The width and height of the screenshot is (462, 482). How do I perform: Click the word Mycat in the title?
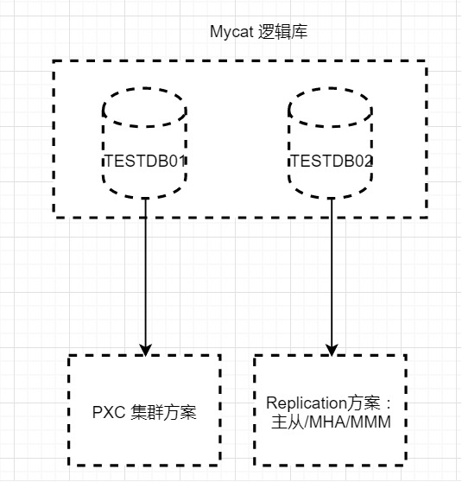tap(231, 32)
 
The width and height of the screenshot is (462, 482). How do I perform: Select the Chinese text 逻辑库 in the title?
tap(282, 32)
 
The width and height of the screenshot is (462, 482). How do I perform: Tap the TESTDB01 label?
tap(145, 161)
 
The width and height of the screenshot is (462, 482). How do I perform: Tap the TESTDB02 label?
tap(332, 161)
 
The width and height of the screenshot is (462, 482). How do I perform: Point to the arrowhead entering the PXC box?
tap(145, 351)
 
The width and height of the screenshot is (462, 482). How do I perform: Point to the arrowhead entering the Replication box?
tap(332, 351)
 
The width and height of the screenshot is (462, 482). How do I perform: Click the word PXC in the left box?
tap(109, 412)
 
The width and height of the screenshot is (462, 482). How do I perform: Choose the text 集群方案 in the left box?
tap(163, 412)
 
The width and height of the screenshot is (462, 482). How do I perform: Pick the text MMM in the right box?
tap(370, 422)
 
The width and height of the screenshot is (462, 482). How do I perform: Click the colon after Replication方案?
tap(389, 404)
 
